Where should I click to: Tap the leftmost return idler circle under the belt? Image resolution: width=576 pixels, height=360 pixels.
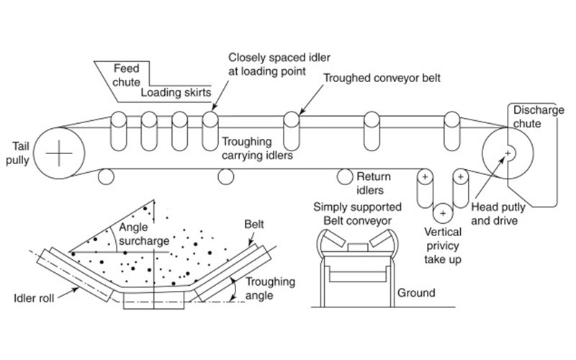tap(106, 175)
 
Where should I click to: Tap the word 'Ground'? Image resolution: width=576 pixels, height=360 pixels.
tap(415, 293)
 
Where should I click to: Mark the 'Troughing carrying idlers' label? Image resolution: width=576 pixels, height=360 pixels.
tap(253, 148)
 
